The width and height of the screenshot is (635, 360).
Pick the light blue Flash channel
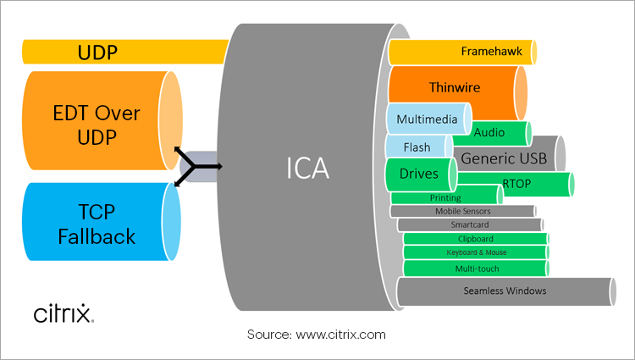[x=417, y=147]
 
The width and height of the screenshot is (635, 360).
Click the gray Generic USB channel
[x=505, y=158]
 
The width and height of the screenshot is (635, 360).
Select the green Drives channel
[x=418, y=174]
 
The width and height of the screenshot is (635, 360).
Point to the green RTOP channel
[x=516, y=182]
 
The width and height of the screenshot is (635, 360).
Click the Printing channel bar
[x=445, y=198]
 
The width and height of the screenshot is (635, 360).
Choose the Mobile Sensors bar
[x=464, y=211]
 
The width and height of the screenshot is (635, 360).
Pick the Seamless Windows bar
[x=505, y=291]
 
